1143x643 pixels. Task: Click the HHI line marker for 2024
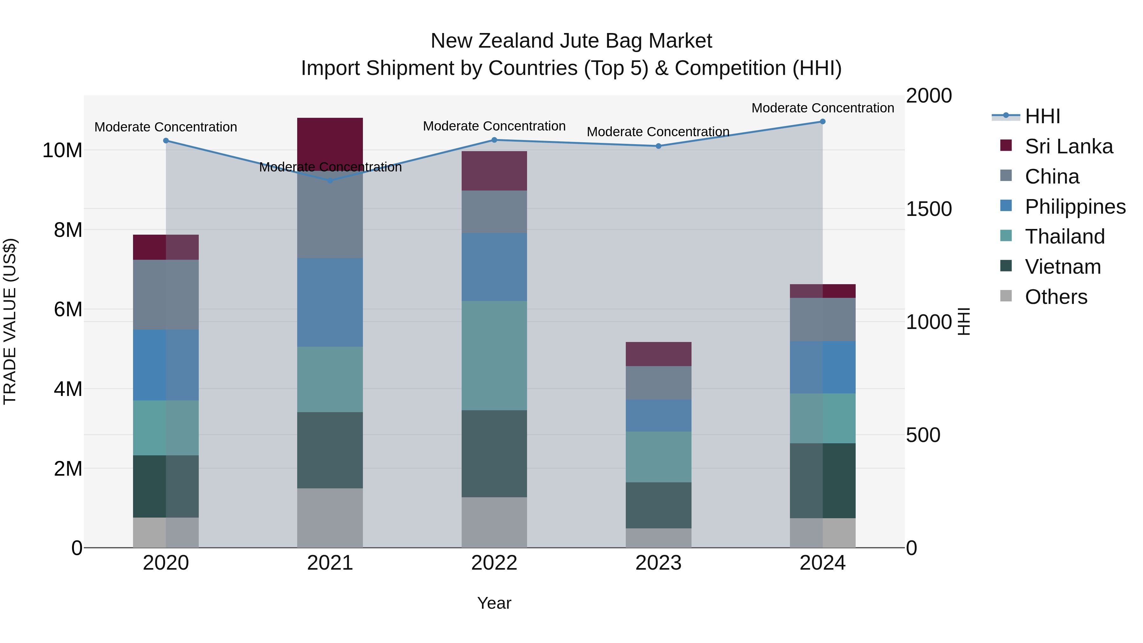(822, 122)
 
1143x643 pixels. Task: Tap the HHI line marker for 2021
(330, 181)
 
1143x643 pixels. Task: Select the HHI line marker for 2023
(658, 146)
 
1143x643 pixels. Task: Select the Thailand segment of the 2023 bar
(658, 457)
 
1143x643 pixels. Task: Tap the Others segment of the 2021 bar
(330, 518)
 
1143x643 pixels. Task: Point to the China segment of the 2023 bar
(658, 383)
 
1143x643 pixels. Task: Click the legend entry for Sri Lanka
(1068, 146)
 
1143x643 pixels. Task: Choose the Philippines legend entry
(1075, 207)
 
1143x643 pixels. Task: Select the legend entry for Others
(1056, 297)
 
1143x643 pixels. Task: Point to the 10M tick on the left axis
(62, 151)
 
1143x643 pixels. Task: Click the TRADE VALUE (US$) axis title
(10, 321)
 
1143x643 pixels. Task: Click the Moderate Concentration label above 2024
(822, 108)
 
